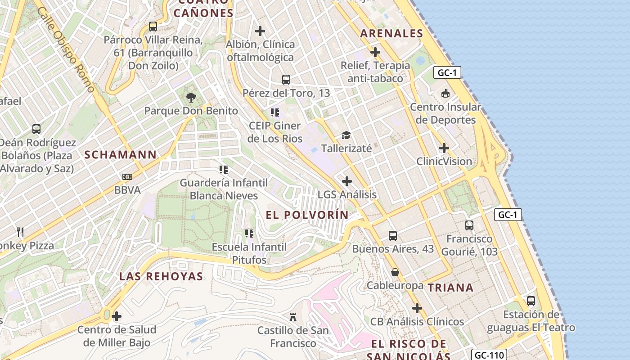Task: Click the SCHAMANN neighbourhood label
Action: click(x=121, y=155)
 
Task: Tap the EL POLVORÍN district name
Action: click(x=307, y=215)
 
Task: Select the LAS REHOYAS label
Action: click(x=161, y=276)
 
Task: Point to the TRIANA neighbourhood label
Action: click(x=450, y=288)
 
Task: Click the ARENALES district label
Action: click(x=392, y=33)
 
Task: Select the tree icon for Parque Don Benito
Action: click(x=191, y=97)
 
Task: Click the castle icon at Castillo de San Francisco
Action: click(x=293, y=317)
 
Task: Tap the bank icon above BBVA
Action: click(x=127, y=177)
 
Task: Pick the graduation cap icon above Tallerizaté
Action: click(x=346, y=135)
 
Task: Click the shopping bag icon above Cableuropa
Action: click(x=395, y=272)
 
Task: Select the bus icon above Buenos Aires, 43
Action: click(x=393, y=235)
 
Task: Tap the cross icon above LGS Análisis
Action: click(x=347, y=181)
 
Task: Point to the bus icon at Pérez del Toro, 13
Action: click(x=286, y=80)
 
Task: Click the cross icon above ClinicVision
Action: click(x=444, y=148)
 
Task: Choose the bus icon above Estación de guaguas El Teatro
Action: click(x=531, y=301)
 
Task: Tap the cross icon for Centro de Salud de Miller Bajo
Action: click(x=117, y=316)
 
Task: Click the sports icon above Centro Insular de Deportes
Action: click(x=445, y=94)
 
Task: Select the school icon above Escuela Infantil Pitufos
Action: click(x=249, y=233)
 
